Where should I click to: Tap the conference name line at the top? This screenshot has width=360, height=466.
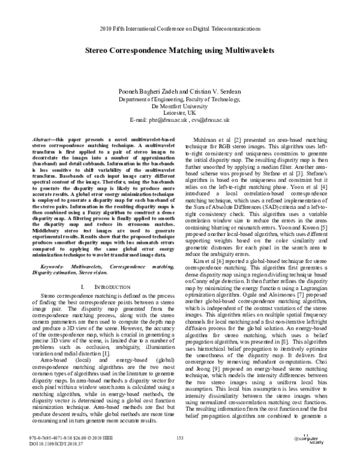[180, 28]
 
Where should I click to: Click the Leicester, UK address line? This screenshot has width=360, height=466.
[179, 112]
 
